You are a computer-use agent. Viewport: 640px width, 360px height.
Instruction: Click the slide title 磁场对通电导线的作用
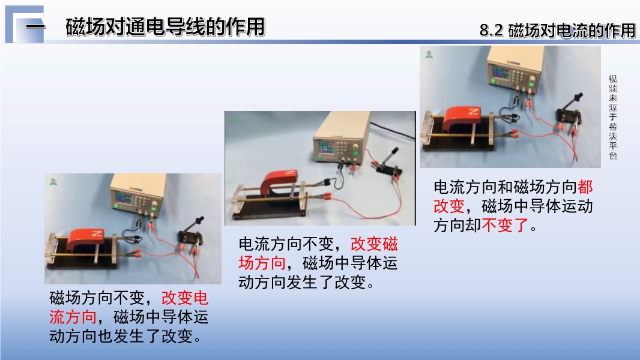point(165,27)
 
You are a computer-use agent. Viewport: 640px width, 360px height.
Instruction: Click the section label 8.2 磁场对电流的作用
point(558,31)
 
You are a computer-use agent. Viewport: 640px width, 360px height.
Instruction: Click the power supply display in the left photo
point(123,198)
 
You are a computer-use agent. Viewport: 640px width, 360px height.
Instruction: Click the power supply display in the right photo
point(500,73)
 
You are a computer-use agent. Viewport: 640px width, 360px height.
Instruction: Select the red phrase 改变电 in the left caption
point(185,298)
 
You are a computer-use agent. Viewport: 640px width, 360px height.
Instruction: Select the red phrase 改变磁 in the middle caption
point(374,244)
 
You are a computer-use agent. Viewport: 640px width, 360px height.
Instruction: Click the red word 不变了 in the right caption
point(506,225)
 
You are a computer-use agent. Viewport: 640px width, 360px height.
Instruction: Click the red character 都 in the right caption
point(585,187)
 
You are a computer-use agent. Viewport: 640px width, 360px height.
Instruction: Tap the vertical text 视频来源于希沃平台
point(612,117)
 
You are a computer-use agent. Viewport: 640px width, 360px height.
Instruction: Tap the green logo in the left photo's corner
point(53,181)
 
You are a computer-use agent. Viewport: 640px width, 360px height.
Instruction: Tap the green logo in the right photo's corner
point(429,54)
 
